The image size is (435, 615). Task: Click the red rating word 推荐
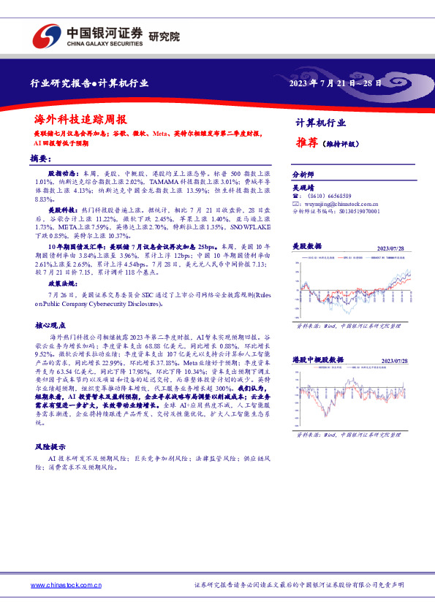(x=306, y=143)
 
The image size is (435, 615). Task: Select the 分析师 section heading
(x=302, y=175)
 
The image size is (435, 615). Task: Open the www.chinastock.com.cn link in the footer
(x=66, y=585)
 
